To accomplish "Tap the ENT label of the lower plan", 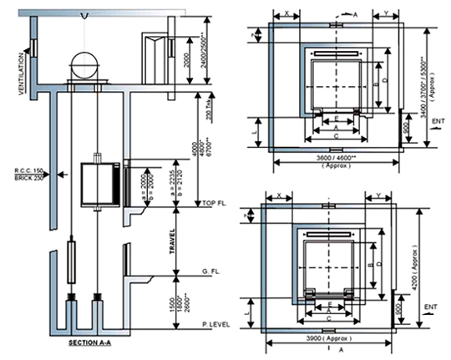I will (x=433, y=307).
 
